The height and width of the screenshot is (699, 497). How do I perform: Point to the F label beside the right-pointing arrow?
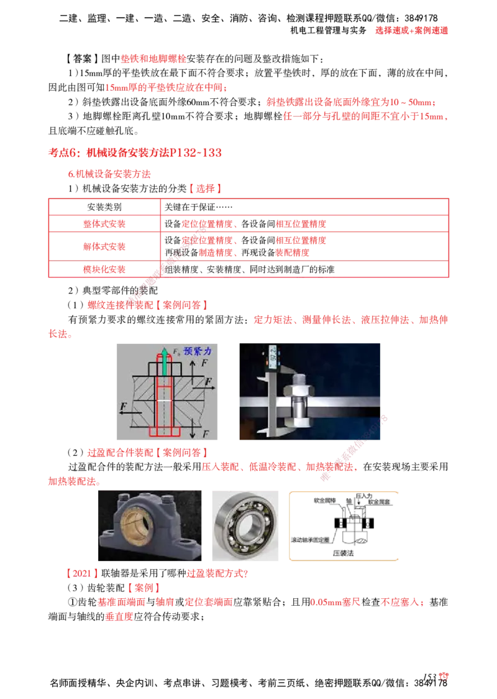click(x=209, y=380)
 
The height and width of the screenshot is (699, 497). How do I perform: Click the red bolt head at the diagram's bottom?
click(x=164, y=431)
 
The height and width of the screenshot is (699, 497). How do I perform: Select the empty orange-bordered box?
click(x=345, y=525)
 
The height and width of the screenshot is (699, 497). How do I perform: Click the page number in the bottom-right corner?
click(x=443, y=677)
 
